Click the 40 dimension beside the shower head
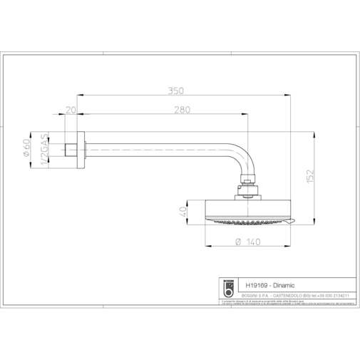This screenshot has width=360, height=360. tap(183, 211)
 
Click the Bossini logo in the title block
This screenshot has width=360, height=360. tap(230, 287)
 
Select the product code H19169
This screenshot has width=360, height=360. tap(254, 284)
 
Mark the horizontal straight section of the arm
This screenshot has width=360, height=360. tap(157, 148)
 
